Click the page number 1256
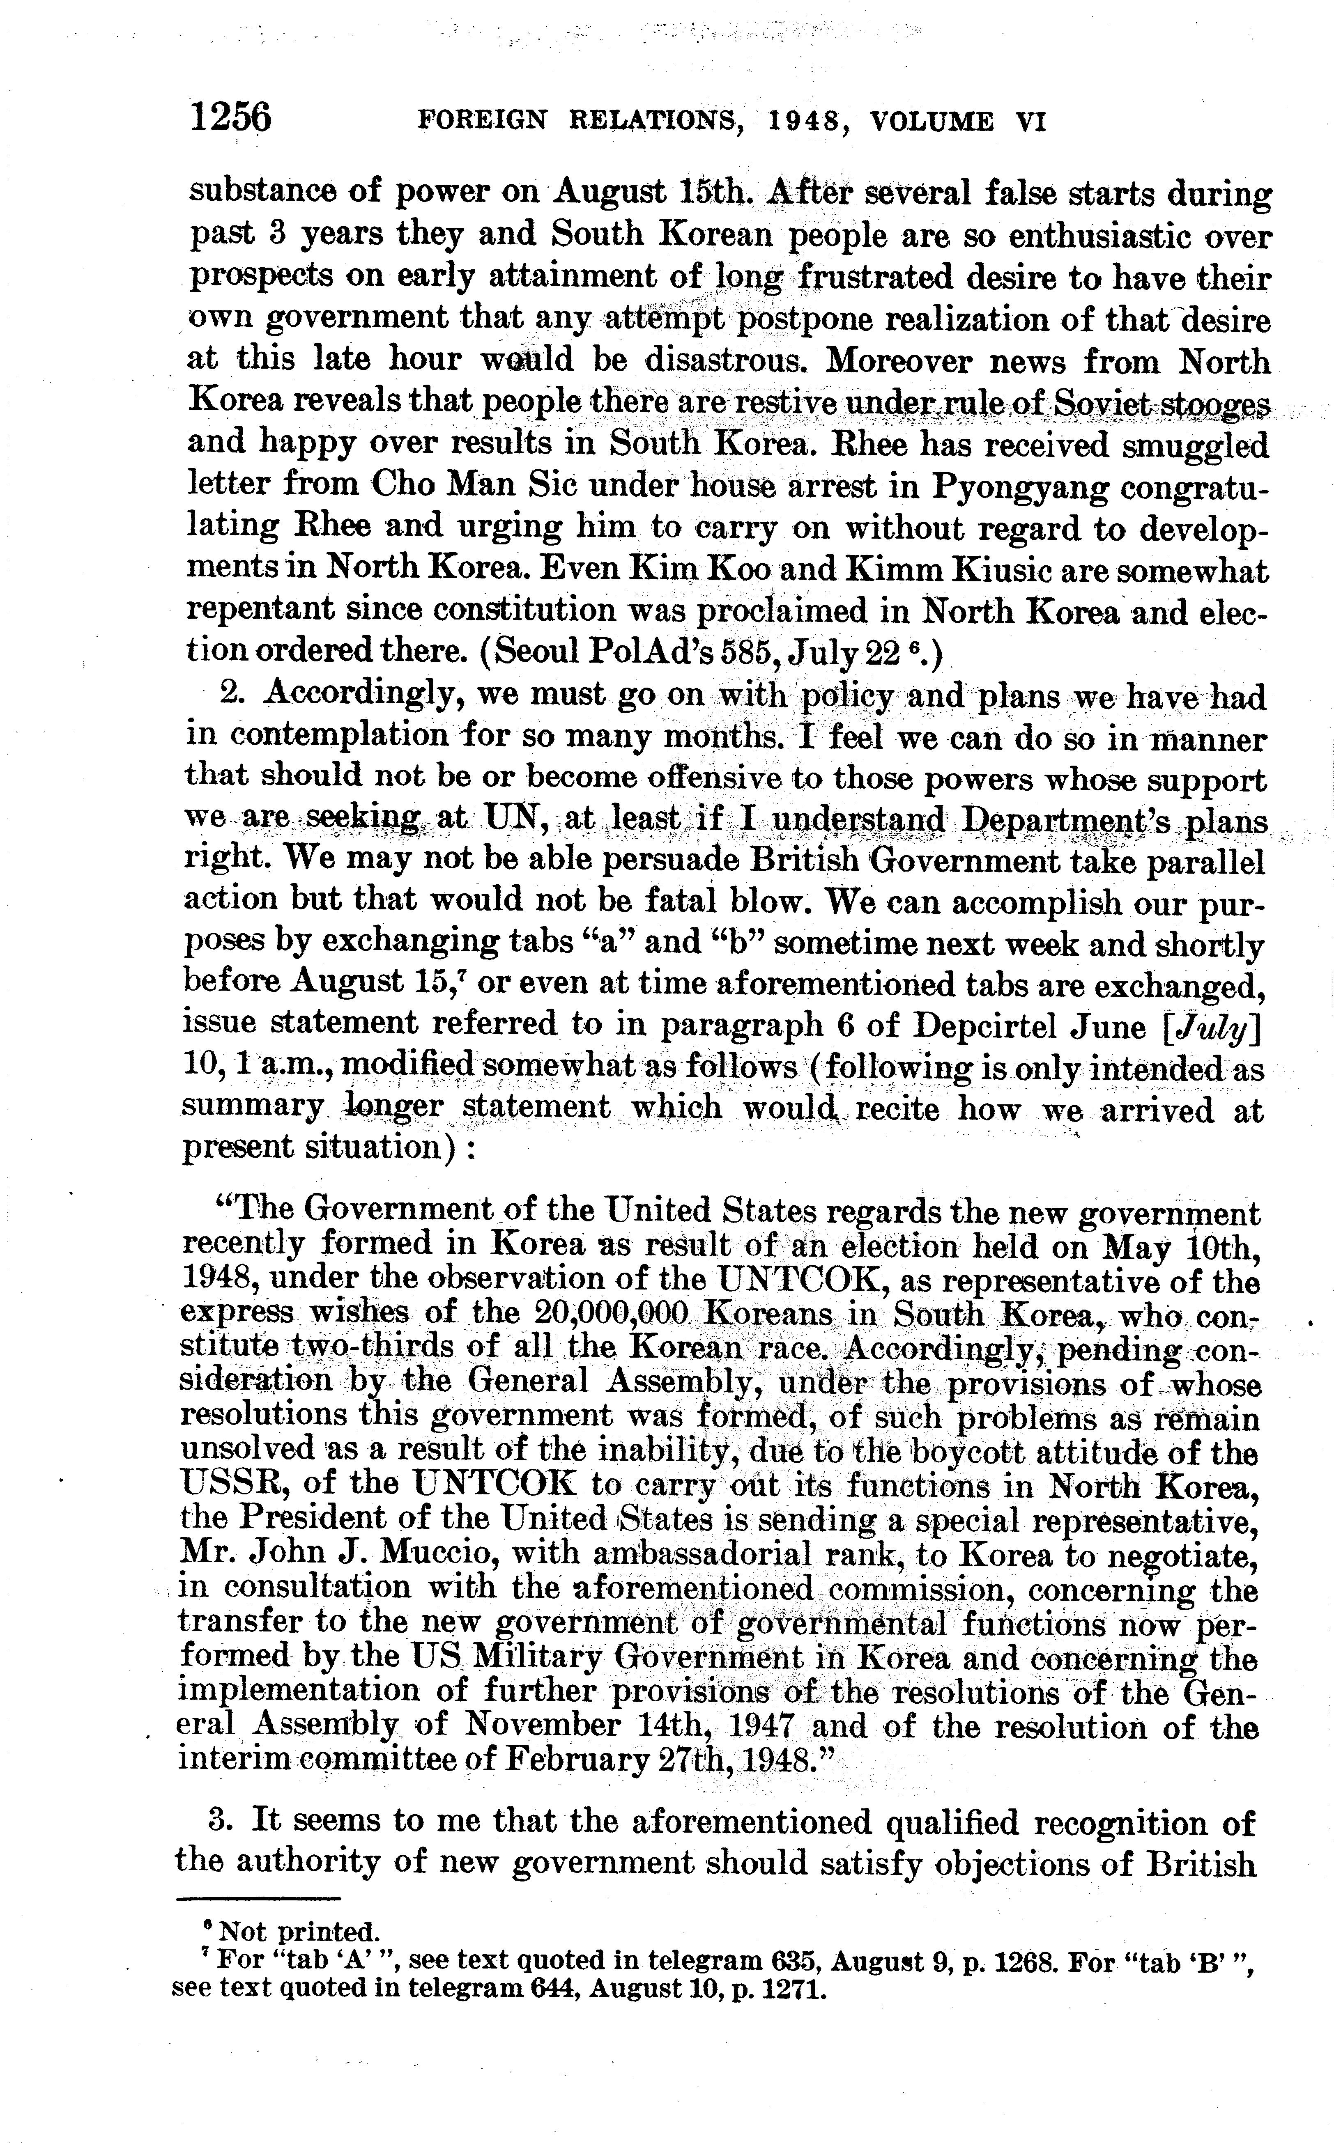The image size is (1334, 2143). click(231, 117)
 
